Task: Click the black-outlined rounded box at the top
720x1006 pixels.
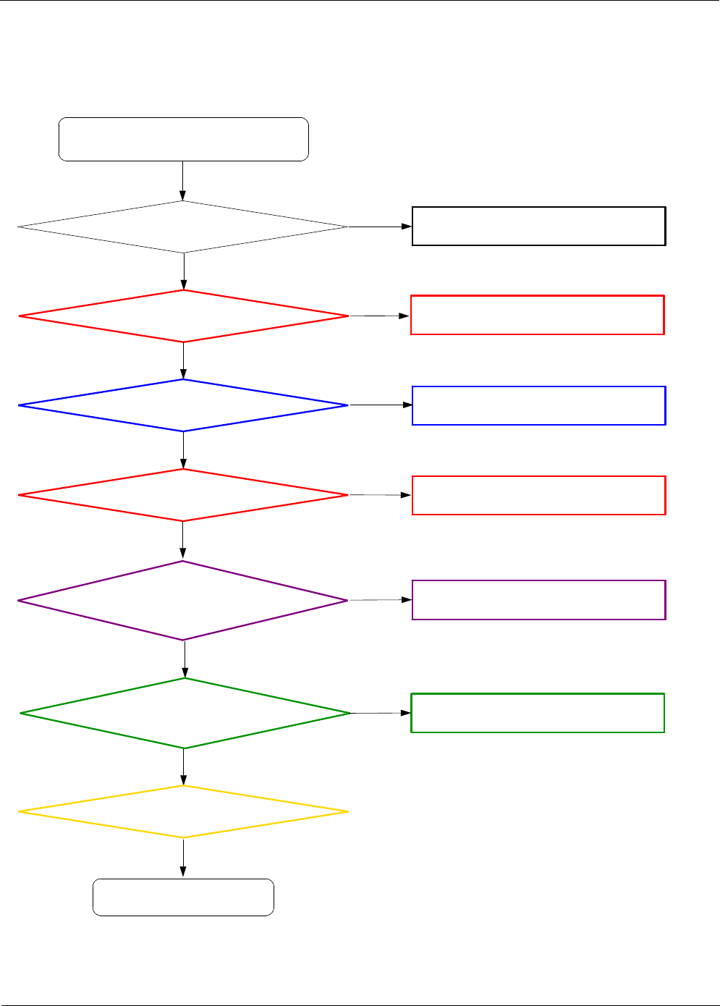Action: (183, 139)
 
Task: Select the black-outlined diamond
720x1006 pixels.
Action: (183, 227)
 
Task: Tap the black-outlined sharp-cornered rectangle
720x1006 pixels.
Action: (538, 227)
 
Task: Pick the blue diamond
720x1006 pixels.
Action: (183, 405)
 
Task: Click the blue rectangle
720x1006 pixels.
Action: (538, 405)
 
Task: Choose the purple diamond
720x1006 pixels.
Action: (183, 600)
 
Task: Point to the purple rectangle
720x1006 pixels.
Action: (538, 600)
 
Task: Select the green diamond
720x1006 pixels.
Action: (185, 713)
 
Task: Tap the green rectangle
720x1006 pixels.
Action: (538, 713)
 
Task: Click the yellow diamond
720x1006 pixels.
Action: (183, 812)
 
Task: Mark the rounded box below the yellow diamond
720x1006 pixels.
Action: (183, 897)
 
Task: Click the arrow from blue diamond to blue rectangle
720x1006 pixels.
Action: (380, 405)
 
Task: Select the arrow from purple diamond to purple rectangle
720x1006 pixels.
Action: (380, 600)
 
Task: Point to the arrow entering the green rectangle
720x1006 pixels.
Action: (381, 713)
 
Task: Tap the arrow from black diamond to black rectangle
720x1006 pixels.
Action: (380, 227)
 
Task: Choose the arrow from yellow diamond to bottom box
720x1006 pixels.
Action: (183, 858)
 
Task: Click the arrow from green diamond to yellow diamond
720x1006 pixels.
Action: (183, 767)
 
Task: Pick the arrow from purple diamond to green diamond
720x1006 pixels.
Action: (185, 659)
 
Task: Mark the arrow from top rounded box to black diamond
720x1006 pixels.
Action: (182, 181)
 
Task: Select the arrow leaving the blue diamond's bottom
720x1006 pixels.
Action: (183, 450)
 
